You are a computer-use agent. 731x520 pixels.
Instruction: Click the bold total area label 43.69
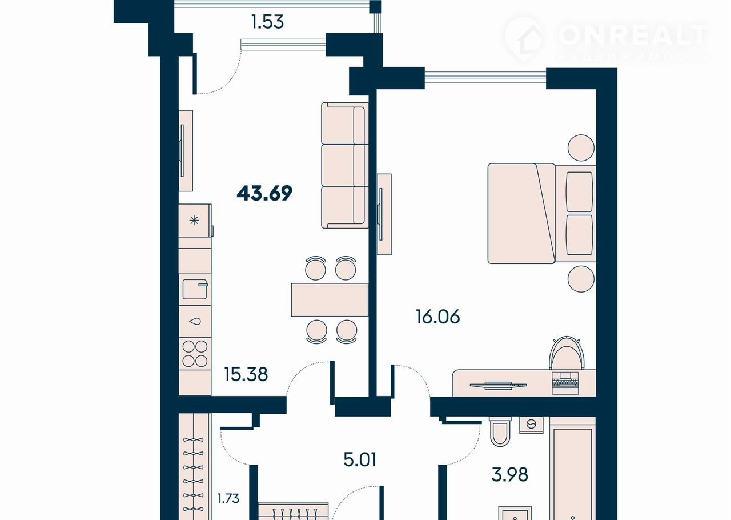click(x=264, y=193)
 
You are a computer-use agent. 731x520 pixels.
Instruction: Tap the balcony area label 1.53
click(x=267, y=22)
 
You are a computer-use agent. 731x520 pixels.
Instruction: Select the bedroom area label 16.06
click(x=438, y=317)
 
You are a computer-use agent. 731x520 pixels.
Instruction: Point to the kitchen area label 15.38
click(x=246, y=374)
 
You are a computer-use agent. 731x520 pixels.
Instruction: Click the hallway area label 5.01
click(x=360, y=459)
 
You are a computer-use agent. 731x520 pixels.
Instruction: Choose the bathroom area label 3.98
click(x=510, y=475)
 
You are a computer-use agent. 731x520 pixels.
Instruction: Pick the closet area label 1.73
click(x=228, y=498)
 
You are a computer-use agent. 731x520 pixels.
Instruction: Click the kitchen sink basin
click(x=195, y=289)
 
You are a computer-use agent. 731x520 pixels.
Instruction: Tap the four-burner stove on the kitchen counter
click(x=195, y=354)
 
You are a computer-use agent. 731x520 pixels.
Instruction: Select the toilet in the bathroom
click(x=500, y=431)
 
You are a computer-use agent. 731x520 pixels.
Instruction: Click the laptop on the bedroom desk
click(x=565, y=382)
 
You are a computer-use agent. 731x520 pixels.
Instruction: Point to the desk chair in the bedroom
click(x=567, y=353)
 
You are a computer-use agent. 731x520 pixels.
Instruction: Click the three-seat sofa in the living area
click(x=345, y=165)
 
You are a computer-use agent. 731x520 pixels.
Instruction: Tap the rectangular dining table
click(x=330, y=299)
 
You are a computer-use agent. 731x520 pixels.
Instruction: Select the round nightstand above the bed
click(x=581, y=148)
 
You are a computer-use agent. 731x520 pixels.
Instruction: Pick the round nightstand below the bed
click(x=581, y=279)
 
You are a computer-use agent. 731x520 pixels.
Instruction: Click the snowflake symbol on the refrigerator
click(x=194, y=221)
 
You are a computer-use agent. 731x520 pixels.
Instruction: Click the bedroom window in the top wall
click(x=485, y=75)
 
